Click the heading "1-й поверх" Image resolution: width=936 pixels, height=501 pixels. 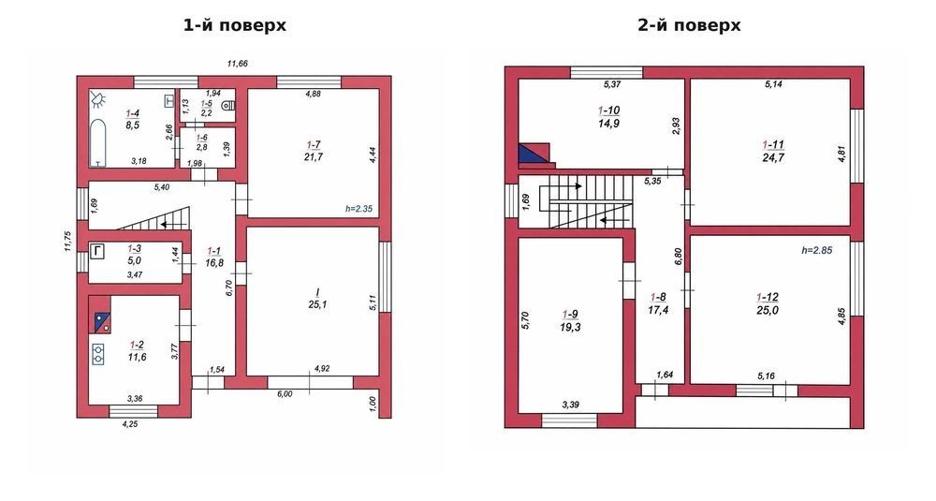pyautogui.click(x=235, y=25)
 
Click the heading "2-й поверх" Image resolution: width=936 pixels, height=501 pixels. pyautogui.click(x=690, y=25)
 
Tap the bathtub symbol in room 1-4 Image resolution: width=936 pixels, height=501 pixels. pyautogui.click(x=98, y=142)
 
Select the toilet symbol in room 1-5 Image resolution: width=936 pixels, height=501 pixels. pyautogui.click(x=227, y=107)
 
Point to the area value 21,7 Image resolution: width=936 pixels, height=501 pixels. pyautogui.click(x=314, y=157)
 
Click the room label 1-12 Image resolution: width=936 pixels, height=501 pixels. pyautogui.click(x=768, y=298)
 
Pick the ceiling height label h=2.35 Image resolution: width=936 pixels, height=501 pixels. pyautogui.click(x=358, y=209)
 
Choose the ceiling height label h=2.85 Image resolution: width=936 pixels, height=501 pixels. pyautogui.click(x=816, y=250)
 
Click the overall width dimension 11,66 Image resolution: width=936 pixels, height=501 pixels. pyautogui.click(x=237, y=64)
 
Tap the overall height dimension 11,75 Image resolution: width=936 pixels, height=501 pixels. pyautogui.click(x=67, y=242)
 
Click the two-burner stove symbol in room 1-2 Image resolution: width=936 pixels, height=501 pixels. pyautogui.click(x=98, y=354)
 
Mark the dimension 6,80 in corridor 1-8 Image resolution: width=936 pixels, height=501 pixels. pyautogui.click(x=678, y=257)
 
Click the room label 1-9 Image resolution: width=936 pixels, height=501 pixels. pyautogui.click(x=570, y=315)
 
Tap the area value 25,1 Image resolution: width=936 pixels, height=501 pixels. pyautogui.click(x=317, y=304)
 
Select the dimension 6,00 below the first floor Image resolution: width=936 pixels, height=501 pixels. pyautogui.click(x=285, y=393)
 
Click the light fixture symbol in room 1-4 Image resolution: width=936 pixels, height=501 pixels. pyautogui.click(x=98, y=99)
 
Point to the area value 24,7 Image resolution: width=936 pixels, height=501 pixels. pyautogui.click(x=773, y=157)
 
